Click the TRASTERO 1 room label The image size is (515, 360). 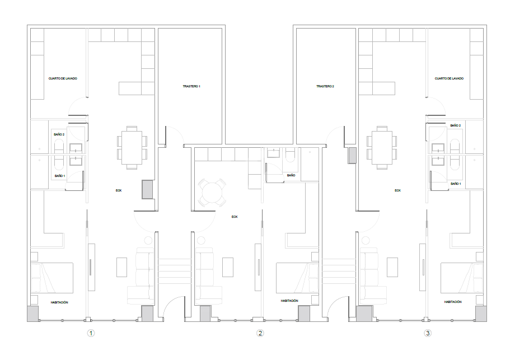(191, 86)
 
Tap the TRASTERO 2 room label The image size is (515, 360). (325, 86)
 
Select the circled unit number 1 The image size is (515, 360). (91, 333)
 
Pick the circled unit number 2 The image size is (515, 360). (260, 333)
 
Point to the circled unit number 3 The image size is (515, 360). (428, 333)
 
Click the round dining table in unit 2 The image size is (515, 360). (212, 193)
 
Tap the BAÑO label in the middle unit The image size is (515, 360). (291, 175)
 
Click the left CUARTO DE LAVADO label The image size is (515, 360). (63, 78)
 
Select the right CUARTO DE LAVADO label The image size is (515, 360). (449, 78)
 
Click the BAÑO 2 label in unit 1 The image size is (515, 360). (59, 134)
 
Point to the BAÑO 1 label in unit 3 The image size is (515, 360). (455, 184)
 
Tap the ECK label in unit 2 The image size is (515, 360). (235, 216)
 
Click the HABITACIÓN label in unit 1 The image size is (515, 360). (59, 302)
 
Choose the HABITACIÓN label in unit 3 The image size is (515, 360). (453, 302)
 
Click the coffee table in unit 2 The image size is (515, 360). (228, 267)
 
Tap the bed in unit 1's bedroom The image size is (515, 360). (52, 278)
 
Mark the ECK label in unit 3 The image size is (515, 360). (397, 190)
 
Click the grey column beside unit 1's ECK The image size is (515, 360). (147, 189)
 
